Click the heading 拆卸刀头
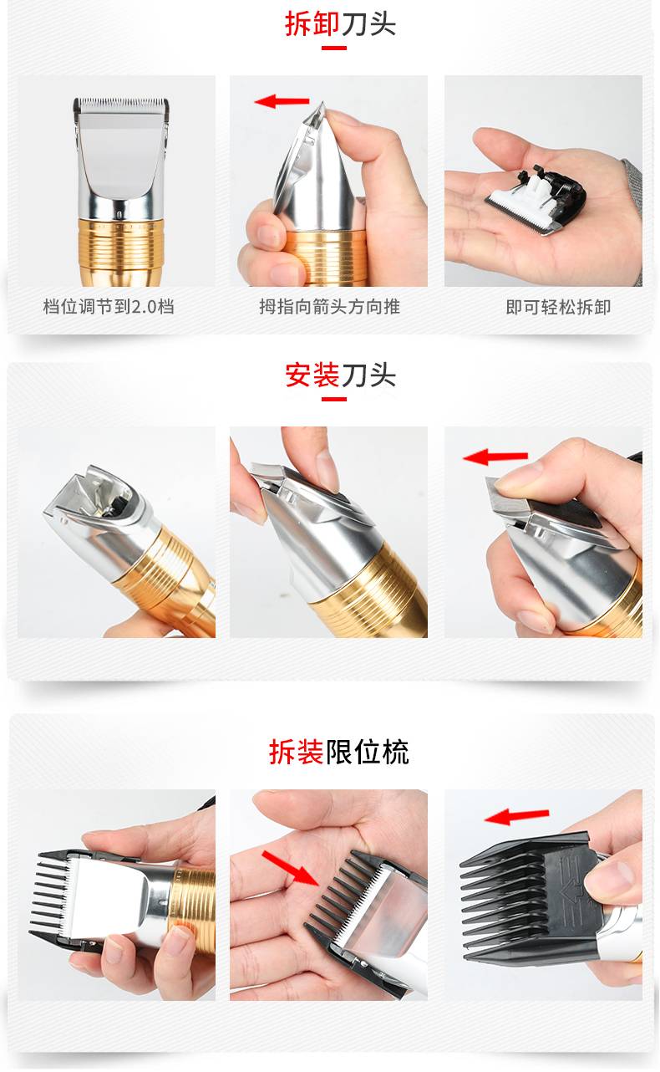point(340,24)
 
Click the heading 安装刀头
point(340,375)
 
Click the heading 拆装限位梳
point(338,752)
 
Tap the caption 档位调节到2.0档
point(109,306)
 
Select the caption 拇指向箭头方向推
point(329,306)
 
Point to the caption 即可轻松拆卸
point(558,307)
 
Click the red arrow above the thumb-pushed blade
point(282,101)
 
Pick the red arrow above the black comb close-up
point(517,816)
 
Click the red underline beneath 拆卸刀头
point(334,48)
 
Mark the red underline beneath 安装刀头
point(334,399)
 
